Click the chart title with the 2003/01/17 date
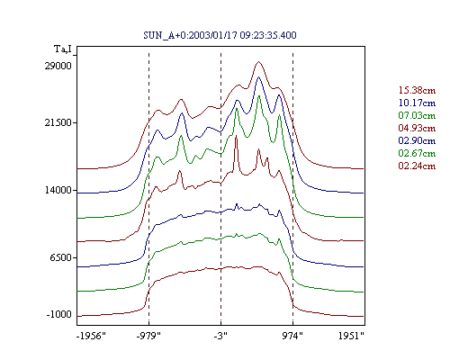(220, 35)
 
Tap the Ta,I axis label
(63, 49)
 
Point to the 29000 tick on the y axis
(58, 66)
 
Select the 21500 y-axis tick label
(58, 122)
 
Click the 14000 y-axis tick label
(58, 190)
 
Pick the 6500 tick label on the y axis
(61, 257)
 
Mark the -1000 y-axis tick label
(59, 314)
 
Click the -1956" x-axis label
(92, 336)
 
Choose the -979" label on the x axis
(148, 336)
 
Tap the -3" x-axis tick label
(220, 336)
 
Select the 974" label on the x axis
(292, 336)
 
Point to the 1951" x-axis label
(351, 336)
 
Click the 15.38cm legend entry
(417, 90)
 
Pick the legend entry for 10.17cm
(417, 103)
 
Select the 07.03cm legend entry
(417, 115)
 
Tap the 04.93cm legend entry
(417, 128)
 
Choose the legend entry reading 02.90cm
(417, 140)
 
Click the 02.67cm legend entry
(417, 153)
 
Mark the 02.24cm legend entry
(417, 166)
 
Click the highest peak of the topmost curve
(259, 62)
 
